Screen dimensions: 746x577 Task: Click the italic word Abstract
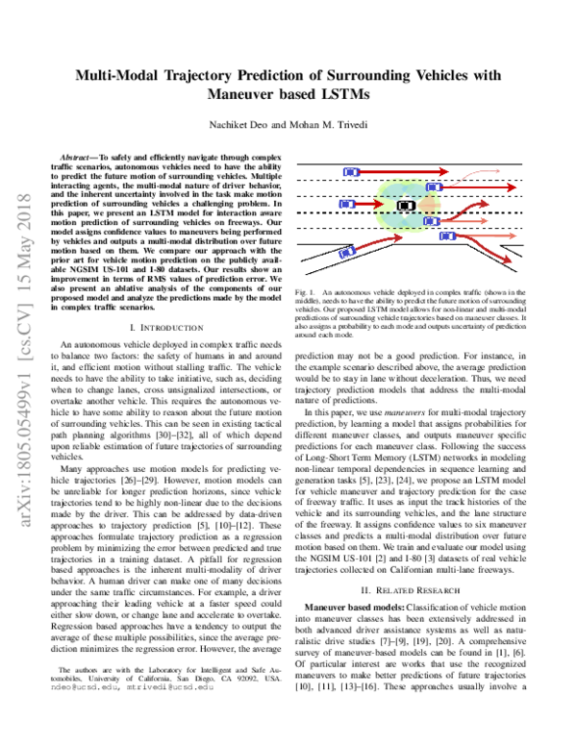pyautogui.click(x=79, y=155)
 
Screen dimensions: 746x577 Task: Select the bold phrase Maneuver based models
pyautogui.click(x=351, y=582)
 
